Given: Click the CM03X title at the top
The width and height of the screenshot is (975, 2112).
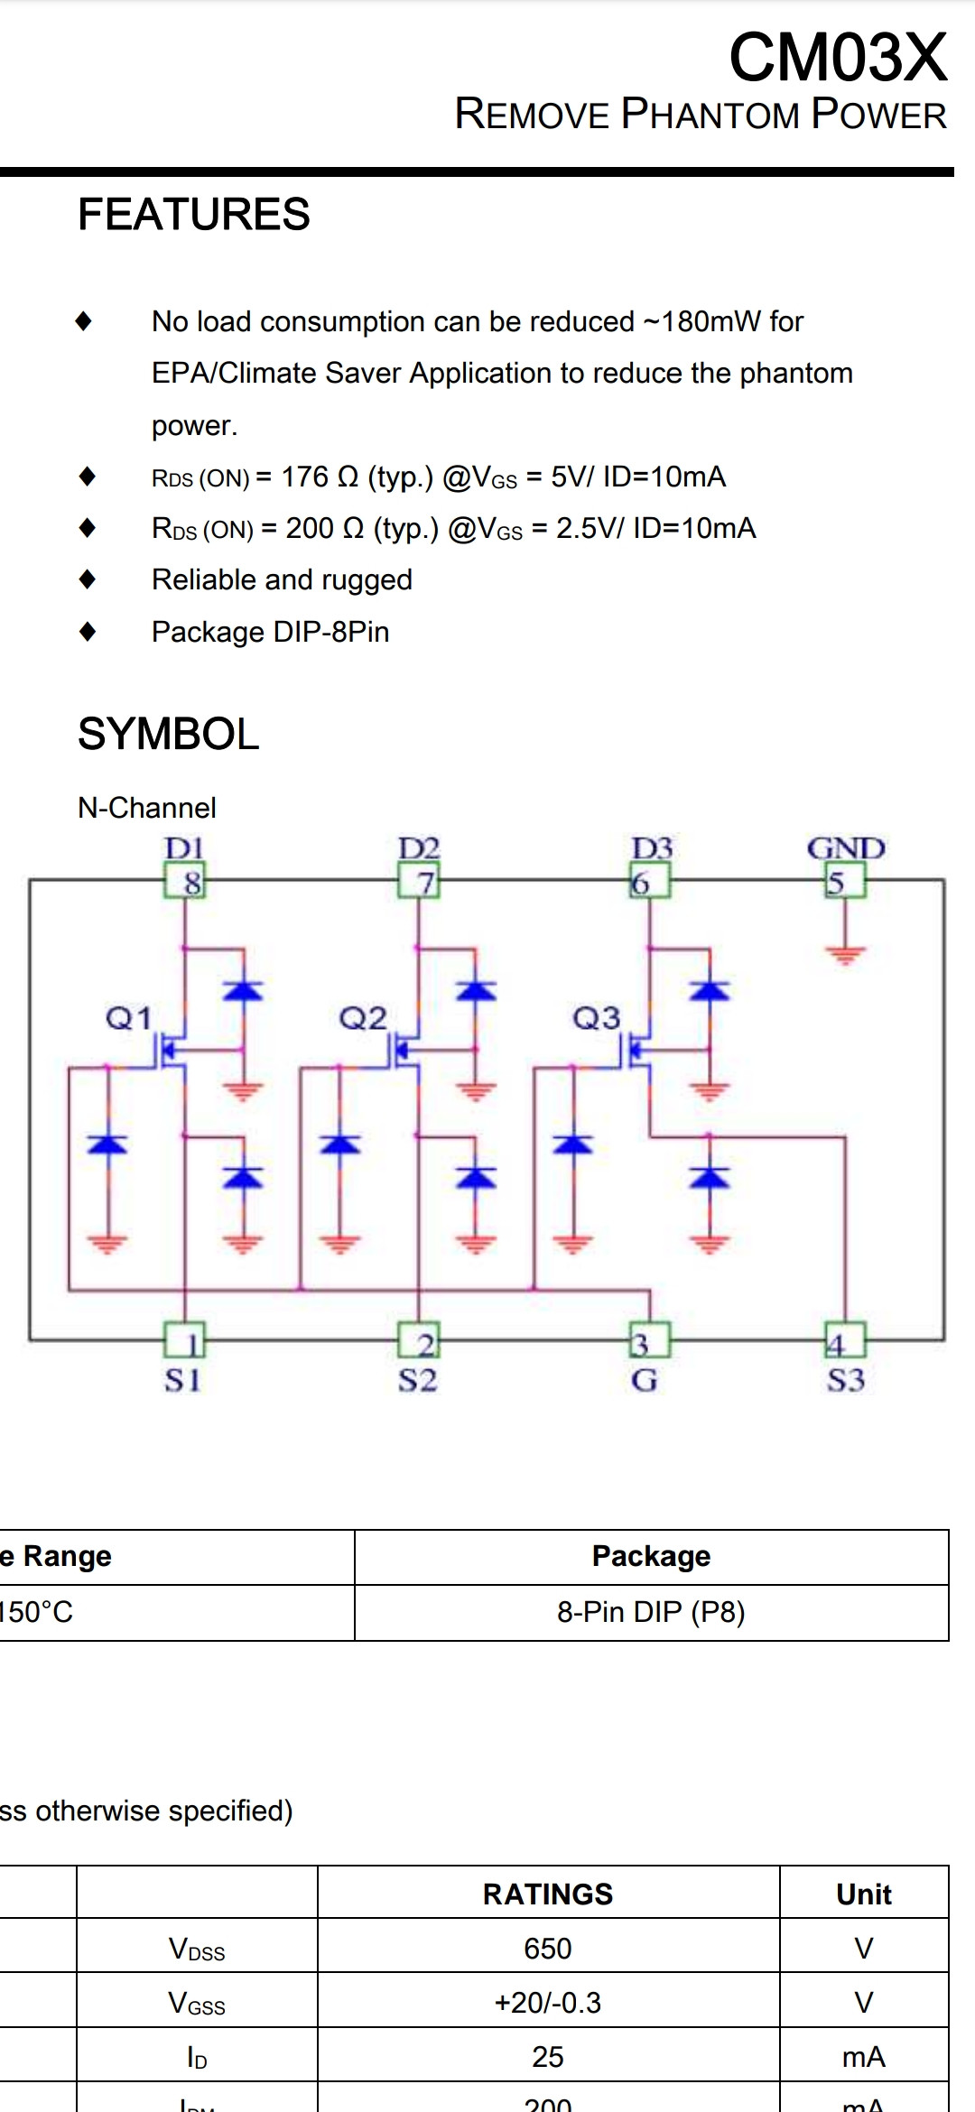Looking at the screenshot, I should click(x=838, y=58).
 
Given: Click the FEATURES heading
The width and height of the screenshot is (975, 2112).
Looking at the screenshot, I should click(x=193, y=215).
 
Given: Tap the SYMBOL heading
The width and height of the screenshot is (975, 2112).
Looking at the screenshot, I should click(x=168, y=734).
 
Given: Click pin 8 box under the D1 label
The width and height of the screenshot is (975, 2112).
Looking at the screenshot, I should click(x=185, y=881).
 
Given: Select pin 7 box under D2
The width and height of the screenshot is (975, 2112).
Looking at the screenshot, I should click(x=419, y=881).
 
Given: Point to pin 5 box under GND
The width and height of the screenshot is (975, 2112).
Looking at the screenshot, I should click(x=845, y=881).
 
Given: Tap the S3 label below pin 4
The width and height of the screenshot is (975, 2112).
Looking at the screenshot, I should click(x=846, y=1380).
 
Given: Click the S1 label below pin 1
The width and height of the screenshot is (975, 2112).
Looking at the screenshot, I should click(x=182, y=1380).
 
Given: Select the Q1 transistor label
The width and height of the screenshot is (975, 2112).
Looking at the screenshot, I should click(x=128, y=1019).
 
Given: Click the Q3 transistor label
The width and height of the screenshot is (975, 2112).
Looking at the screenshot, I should click(x=596, y=1019).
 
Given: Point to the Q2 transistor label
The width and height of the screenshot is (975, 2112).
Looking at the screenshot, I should click(x=362, y=1019).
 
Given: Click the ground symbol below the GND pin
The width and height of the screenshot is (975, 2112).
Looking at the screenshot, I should click(x=845, y=954).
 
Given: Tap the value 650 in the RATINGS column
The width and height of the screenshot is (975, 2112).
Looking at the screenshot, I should click(x=547, y=1948).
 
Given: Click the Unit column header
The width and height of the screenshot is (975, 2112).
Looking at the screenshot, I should click(x=863, y=1894).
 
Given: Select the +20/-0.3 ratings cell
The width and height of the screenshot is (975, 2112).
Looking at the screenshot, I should click(x=547, y=2002).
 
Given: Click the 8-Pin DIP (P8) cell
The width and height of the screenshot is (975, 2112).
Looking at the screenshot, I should click(x=651, y=1611).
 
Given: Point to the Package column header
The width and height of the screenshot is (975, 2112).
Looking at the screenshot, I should click(x=651, y=1556).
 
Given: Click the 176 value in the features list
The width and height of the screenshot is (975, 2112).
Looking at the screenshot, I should click(x=304, y=477).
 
